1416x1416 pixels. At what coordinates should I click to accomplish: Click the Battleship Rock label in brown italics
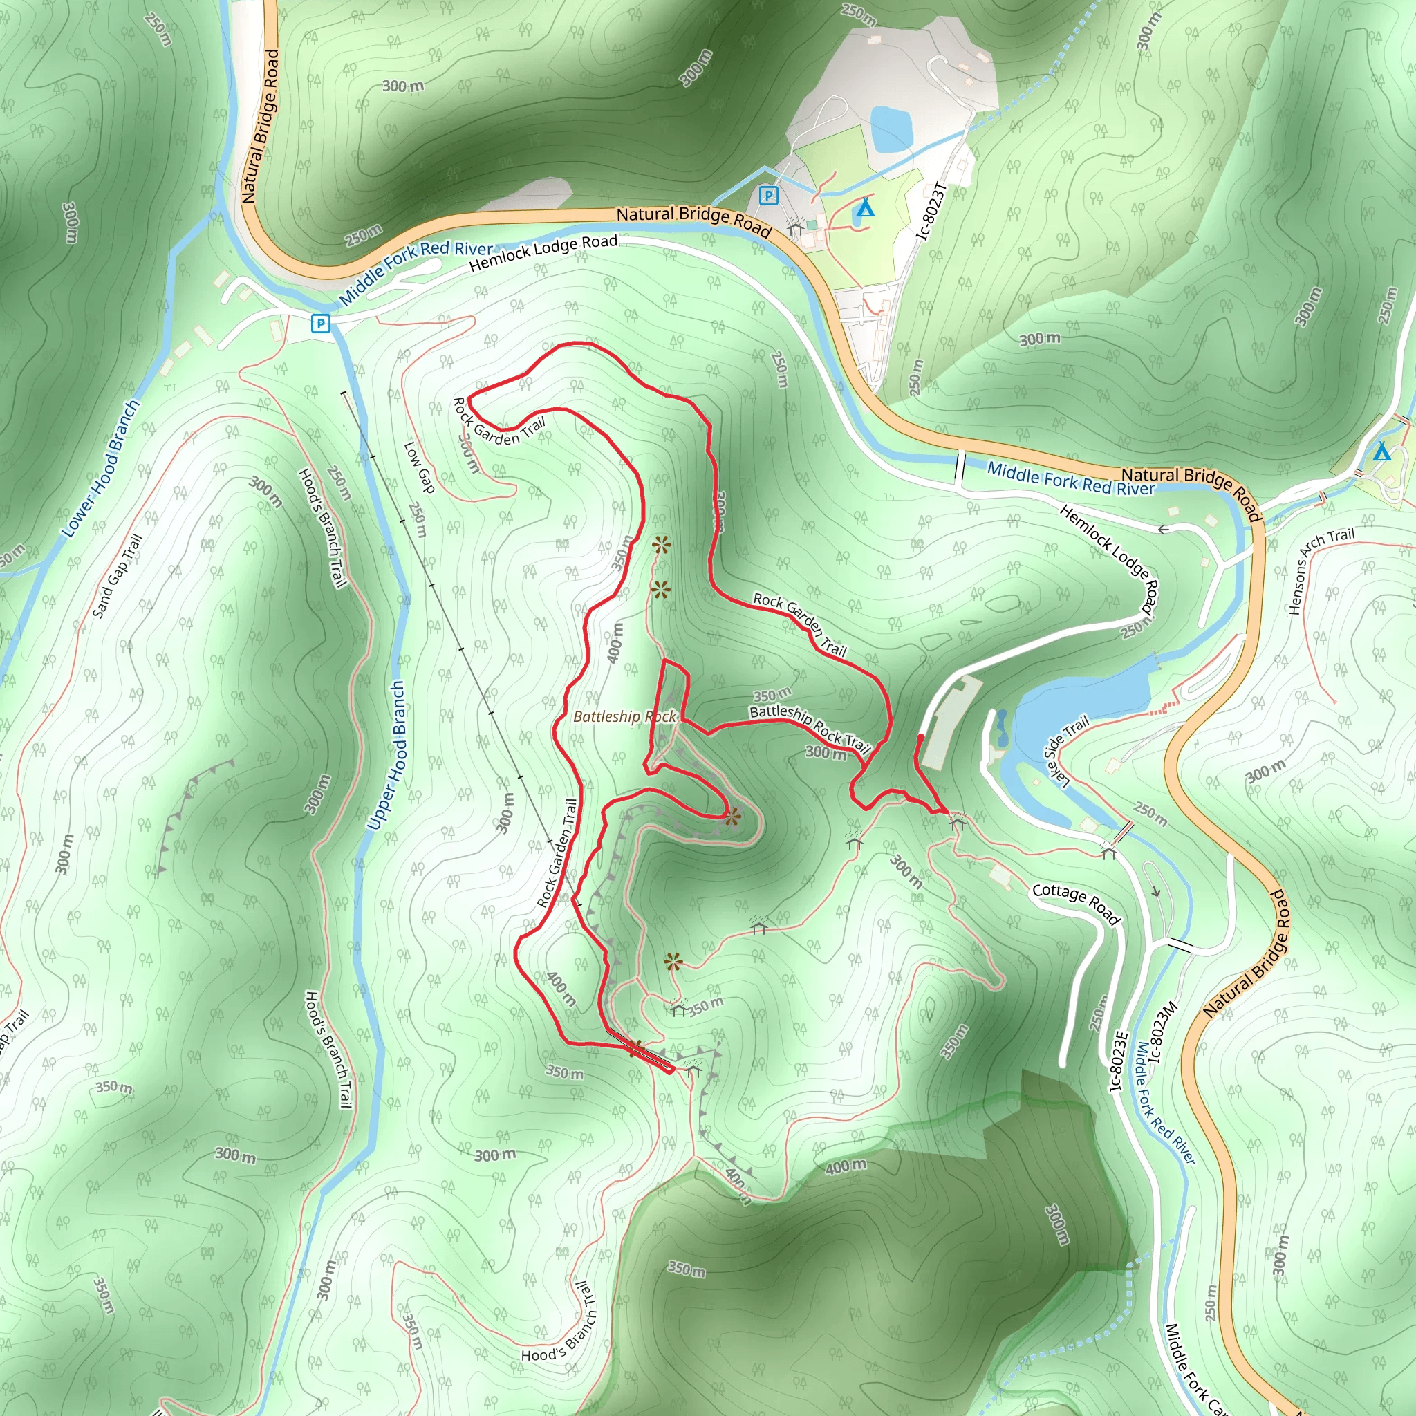(x=624, y=716)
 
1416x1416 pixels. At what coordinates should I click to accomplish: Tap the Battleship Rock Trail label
(x=809, y=727)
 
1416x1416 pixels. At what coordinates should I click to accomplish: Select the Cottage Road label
(x=1076, y=904)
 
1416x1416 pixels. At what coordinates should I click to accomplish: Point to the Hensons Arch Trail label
(x=1321, y=571)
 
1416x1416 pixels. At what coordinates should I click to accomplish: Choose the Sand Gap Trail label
(x=117, y=576)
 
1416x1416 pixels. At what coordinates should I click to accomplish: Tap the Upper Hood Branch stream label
(x=386, y=755)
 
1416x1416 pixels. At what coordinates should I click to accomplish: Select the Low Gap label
(x=420, y=467)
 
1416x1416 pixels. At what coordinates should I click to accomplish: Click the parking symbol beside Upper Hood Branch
(x=320, y=323)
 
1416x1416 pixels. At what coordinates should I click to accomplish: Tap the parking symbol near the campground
(x=768, y=196)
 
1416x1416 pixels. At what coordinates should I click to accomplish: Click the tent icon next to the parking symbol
(x=865, y=207)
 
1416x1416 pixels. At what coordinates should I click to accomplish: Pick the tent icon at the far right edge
(x=1381, y=451)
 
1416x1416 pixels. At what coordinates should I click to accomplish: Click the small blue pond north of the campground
(x=891, y=130)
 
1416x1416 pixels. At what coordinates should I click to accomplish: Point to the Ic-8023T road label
(x=932, y=211)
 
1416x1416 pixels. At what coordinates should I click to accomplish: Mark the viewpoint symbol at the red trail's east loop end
(x=732, y=817)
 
